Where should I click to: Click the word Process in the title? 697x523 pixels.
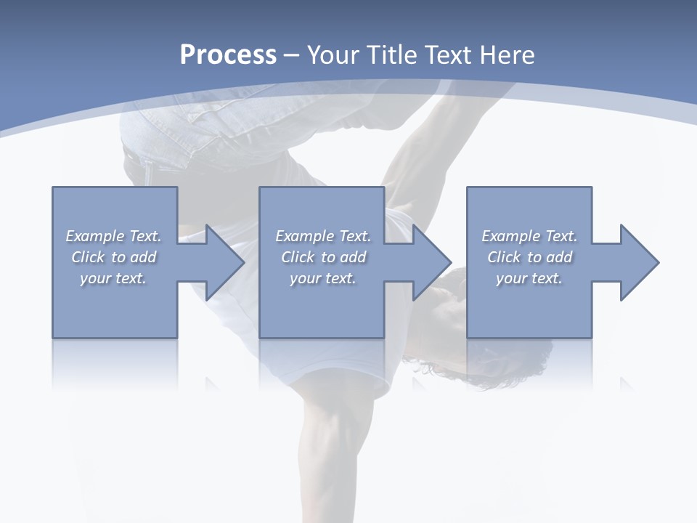[228, 54]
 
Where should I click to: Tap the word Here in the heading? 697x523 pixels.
[508, 54]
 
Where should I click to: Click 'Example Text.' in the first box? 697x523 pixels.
[113, 236]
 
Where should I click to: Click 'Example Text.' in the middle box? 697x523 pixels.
[323, 236]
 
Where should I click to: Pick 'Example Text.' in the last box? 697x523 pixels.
[529, 236]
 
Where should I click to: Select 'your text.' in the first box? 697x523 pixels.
[113, 278]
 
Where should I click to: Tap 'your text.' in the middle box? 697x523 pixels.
[323, 278]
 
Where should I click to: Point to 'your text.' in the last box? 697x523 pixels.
[529, 278]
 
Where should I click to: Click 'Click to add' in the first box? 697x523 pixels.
[113, 257]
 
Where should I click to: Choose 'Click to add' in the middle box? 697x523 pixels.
[323, 257]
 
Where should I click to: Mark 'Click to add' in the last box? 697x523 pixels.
[529, 257]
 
